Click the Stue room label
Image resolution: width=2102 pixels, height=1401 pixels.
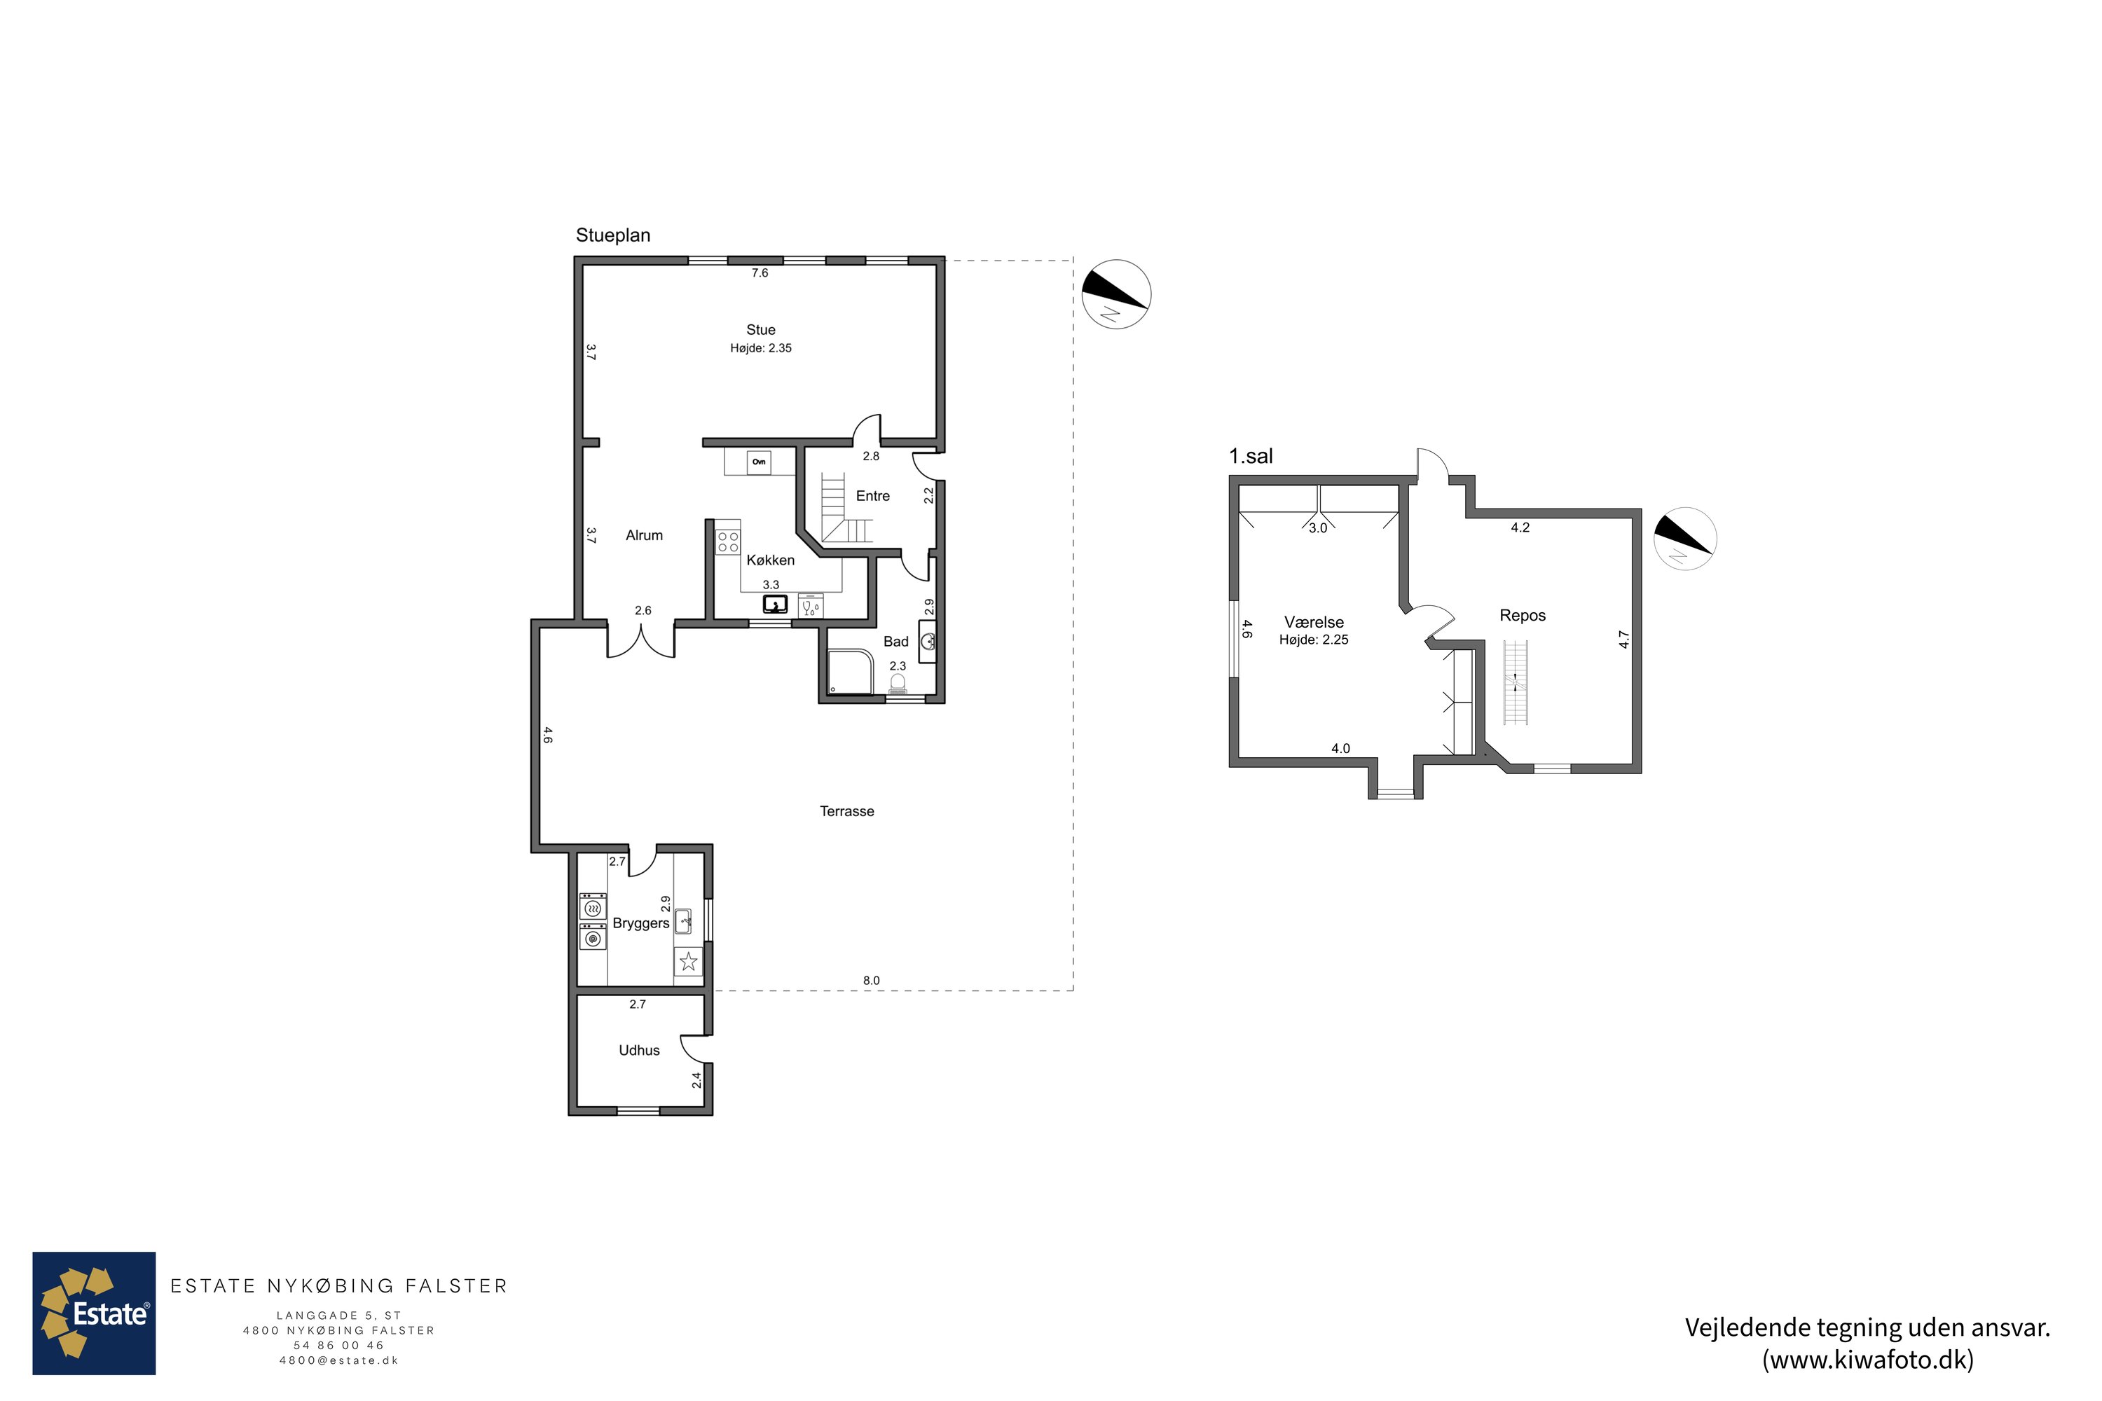point(760,330)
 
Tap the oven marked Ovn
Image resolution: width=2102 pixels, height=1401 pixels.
point(759,462)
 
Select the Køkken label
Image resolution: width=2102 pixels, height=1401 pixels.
point(770,560)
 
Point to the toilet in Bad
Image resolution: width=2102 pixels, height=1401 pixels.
point(898,684)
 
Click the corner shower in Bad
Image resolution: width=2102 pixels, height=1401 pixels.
point(850,672)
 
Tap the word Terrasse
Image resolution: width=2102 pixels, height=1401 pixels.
point(847,811)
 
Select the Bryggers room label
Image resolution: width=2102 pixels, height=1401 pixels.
point(641,923)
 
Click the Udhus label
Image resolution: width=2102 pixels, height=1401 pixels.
point(639,1051)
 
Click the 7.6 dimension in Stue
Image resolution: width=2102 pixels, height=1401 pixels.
point(760,273)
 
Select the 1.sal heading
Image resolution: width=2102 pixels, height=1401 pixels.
point(1251,457)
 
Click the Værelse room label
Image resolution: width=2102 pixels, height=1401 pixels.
point(1314,622)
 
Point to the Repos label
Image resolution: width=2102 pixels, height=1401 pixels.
point(1523,616)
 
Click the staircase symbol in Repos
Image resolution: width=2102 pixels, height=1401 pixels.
point(1516,682)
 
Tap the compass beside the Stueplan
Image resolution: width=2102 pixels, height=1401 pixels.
point(1116,294)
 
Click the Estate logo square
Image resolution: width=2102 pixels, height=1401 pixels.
point(94,1313)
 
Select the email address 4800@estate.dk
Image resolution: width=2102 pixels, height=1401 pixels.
point(338,1361)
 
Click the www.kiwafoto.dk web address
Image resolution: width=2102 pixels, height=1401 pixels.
point(1868,1360)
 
